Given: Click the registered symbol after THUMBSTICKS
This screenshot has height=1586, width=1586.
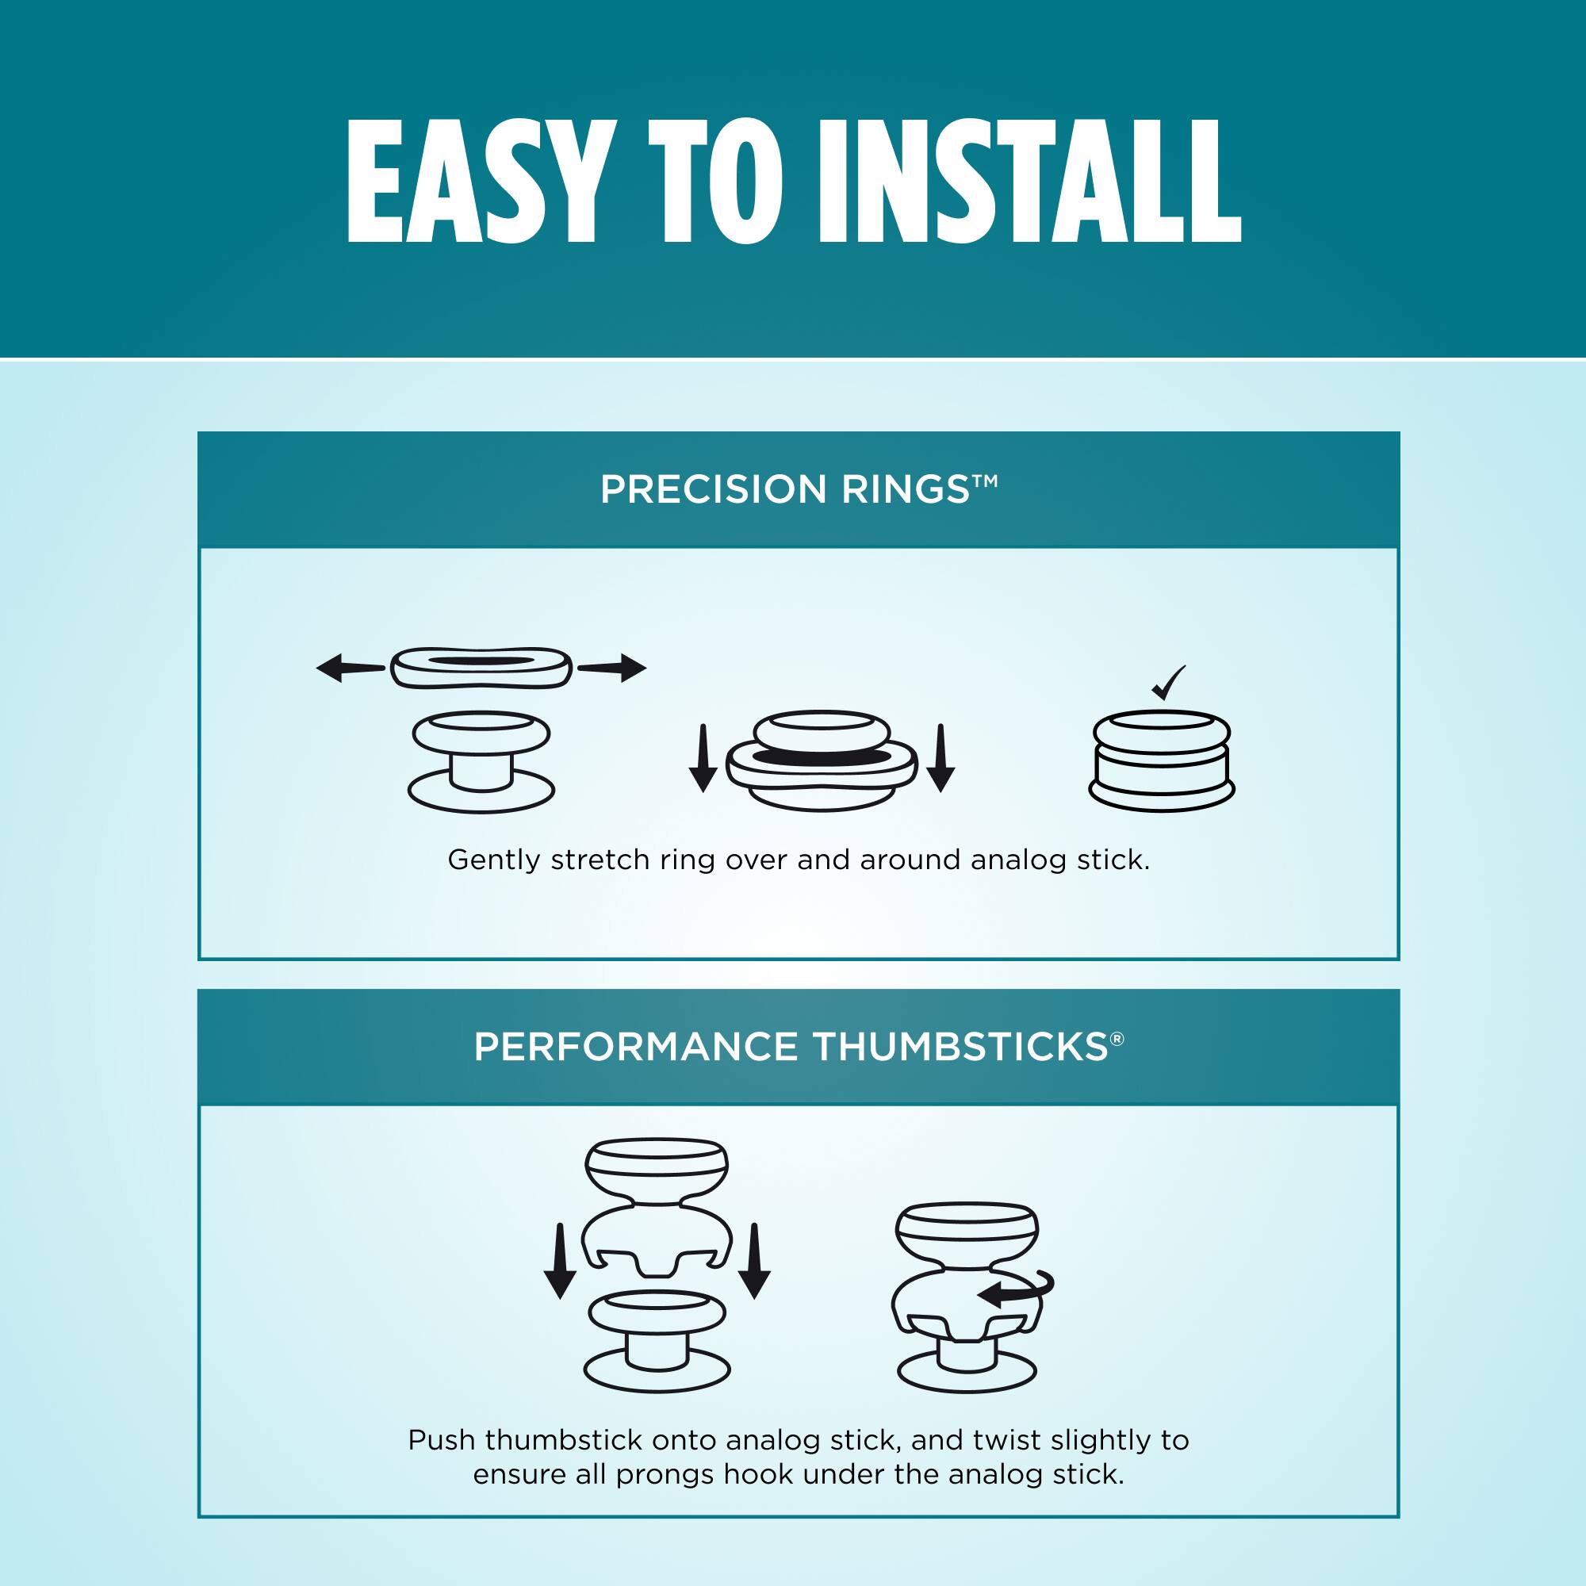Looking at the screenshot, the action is click(x=1117, y=1040).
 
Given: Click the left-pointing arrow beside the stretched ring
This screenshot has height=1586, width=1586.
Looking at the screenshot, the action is click(x=351, y=668).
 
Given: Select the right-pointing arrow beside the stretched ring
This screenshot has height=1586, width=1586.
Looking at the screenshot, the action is click(x=611, y=668).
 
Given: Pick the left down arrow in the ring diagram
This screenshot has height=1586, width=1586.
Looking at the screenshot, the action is click(x=703, y=757).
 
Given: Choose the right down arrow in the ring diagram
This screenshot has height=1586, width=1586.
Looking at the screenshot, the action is click(x=940, y=757).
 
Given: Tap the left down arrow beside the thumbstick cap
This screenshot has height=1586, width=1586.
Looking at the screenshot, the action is click(x=560, y=1261).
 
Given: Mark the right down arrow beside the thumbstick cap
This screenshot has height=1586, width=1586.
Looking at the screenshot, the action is click(x=754, y=1261).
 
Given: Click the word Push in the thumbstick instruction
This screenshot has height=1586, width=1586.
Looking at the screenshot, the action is click(x=442, y=1440).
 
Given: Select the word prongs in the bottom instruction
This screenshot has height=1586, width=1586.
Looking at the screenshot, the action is click(x=665, y=1475).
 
